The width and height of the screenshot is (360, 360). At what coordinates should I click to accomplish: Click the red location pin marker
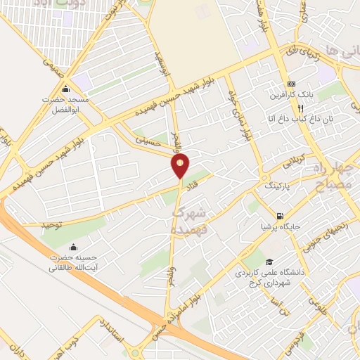pos(181,166)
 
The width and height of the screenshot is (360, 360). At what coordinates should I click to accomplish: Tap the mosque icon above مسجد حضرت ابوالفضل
pos(65,89)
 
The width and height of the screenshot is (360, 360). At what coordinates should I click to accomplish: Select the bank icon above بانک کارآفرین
pos(291,83)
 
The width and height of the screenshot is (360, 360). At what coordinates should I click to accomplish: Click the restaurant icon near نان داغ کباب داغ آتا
pos(300,108)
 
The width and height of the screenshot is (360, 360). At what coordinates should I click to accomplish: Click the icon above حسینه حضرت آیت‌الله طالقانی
pos(74,247)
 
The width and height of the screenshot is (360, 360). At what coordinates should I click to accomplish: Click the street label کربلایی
pos(297,160)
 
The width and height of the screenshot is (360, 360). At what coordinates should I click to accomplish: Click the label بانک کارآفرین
pos(291,95)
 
